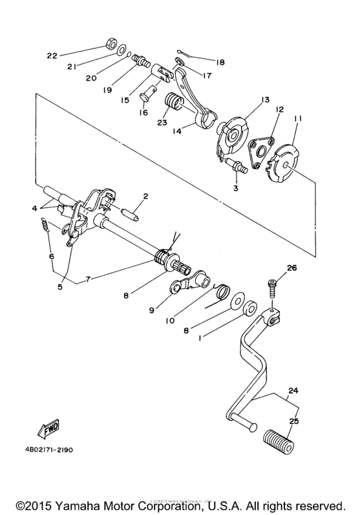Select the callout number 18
click(221, 62)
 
